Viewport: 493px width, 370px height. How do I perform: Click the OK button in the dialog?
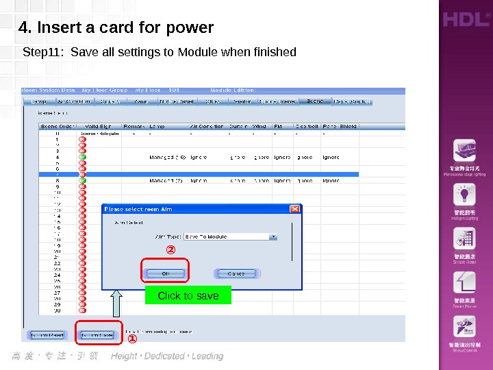pyautogui.click(x=165, y=273)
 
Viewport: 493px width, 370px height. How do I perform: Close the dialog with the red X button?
pyautogui.click(x=295, y=209)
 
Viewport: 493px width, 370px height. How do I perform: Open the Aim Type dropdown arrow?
pyautogui.click(x=273, y=236)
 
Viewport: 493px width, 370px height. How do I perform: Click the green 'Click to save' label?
pyautogui.click(x=188, y=296)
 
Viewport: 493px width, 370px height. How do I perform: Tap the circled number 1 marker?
pyautogui.click(x=131, y=338)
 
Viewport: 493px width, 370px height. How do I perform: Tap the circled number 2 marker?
pyautogui.click(x=171, y=250)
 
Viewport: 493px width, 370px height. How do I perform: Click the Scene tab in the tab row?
pyautogui.click(x=315, y=101)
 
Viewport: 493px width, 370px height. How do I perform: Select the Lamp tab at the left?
pyautogui.click(x=38, y=101)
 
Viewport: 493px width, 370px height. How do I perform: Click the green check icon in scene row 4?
pyautogui.click(x=82, y=157)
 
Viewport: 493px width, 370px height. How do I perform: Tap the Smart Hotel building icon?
pyautogui.click(x=465, y=239)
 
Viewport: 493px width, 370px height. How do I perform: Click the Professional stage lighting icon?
pyautogui.click(x=465, y=152)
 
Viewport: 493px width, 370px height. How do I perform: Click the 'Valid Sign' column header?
pyautogui.click(x=100, y=127)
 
